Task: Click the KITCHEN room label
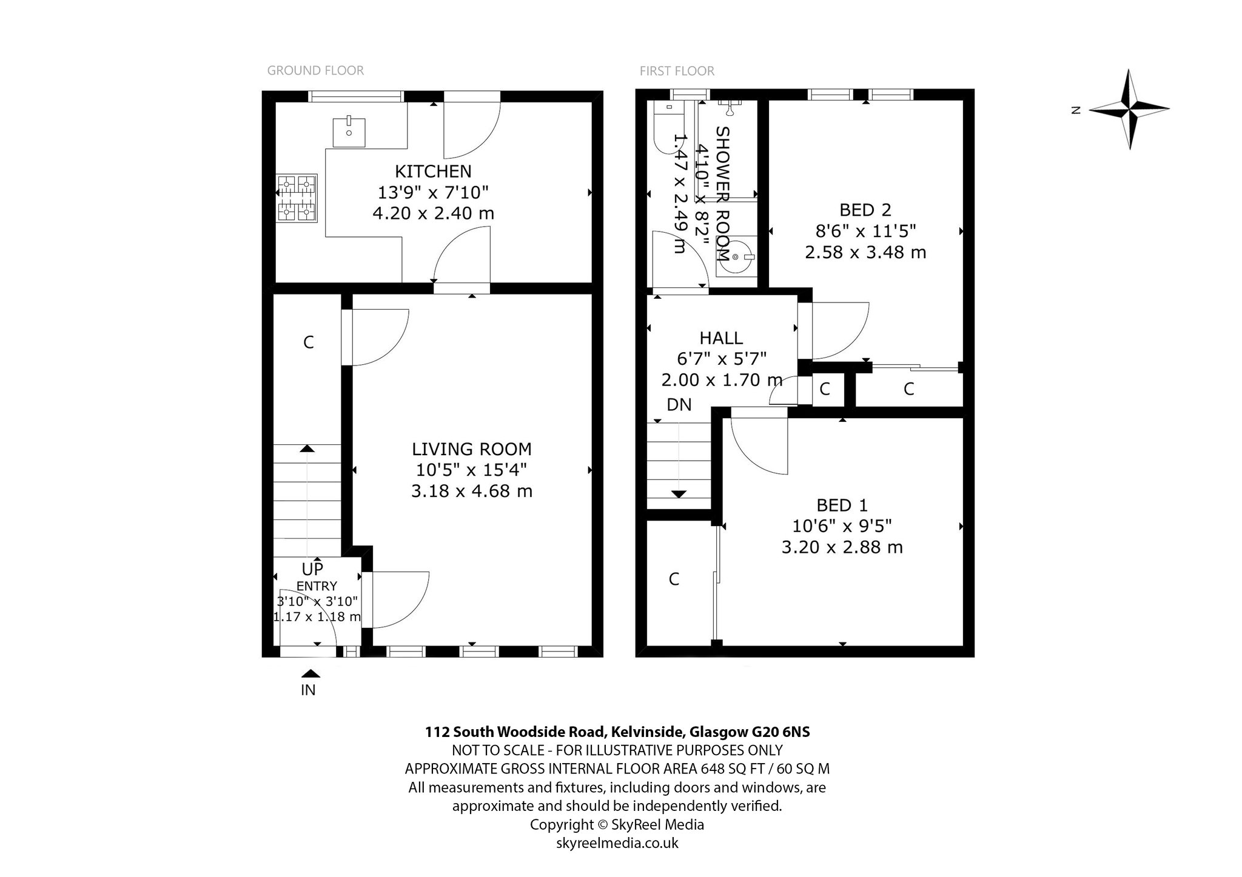tap(433, 172)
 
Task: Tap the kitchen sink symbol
tap(349, 133)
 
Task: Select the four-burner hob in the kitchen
tap(297, 198)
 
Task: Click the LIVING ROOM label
tap(471, 449)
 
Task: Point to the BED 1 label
tap(842, 505)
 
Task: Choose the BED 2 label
tap(865, 210)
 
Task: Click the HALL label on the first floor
tap(721, 338)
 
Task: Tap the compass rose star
tap(1129, 109)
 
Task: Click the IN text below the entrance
tap(308, 690)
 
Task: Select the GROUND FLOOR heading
tap(315, 71)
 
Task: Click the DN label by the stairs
tap(679, 404)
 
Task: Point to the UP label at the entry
tap(312, 569)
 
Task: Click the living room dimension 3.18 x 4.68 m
tap(472, 490)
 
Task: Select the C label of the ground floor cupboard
tap(308, 342)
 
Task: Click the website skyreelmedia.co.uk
tap(617, 842)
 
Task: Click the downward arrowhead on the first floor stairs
tap(679, 494)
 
